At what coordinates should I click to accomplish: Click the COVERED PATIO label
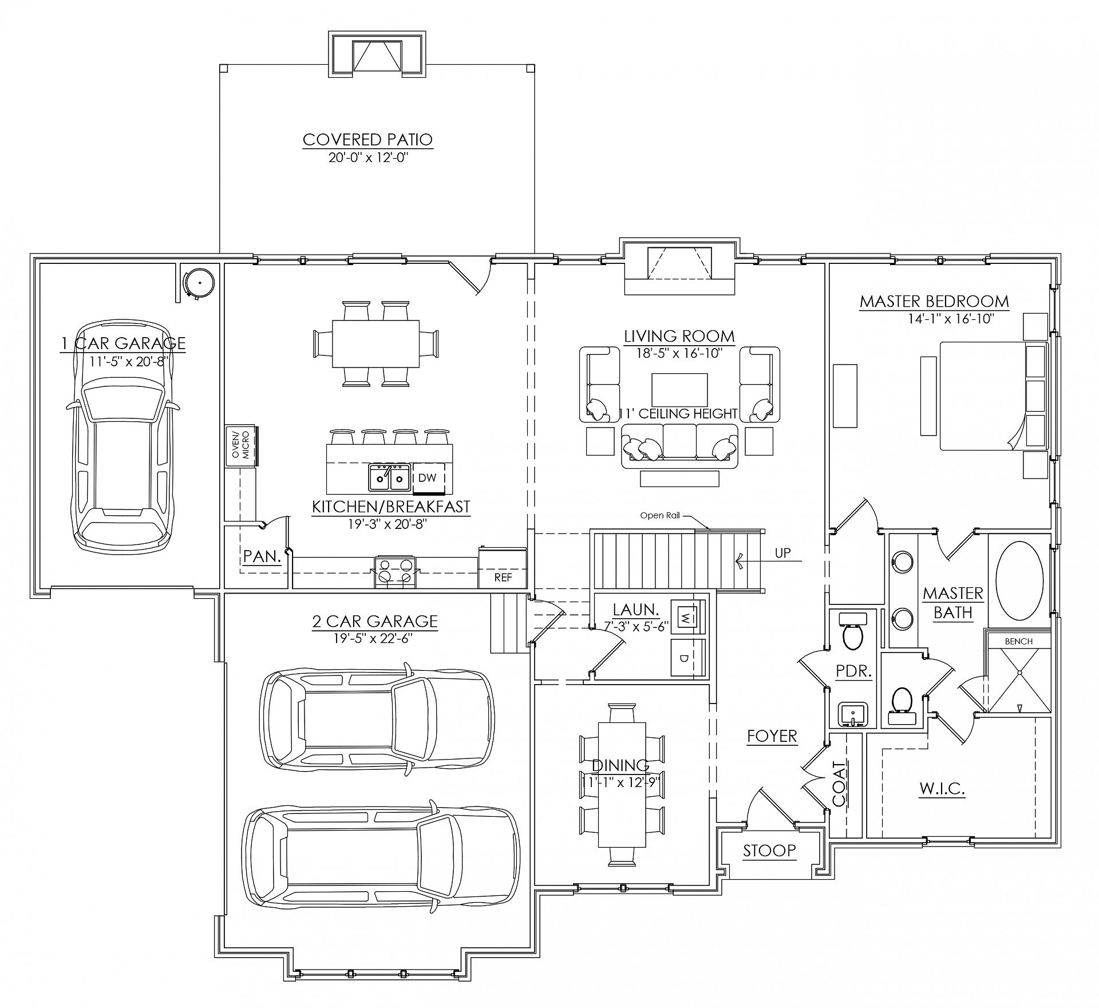click(367, 139)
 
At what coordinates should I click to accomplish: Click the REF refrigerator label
click(503, 578)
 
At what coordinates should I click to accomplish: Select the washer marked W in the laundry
click(685, 617)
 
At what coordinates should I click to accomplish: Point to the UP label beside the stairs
click(782, 553)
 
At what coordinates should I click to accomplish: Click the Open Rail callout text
click(661, 515)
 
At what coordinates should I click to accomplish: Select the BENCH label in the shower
click(1019, 641)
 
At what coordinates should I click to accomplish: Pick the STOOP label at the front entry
click(769, 851)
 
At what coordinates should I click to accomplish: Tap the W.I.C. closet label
click(942, 789)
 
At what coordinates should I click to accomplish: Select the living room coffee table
click(679, 389)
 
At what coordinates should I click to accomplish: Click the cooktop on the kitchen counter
click(396, 571)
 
